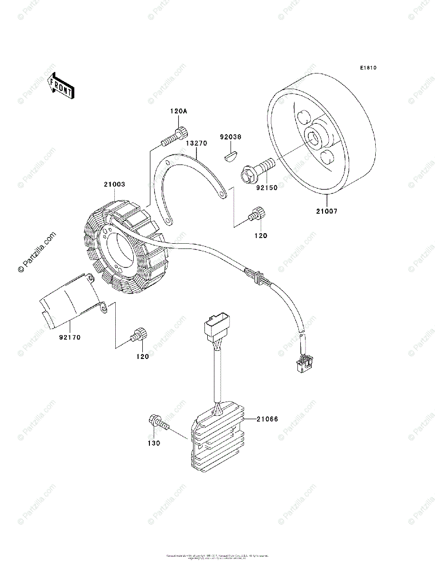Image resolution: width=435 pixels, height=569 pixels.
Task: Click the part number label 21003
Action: pyautogui.click(x=116, y=184)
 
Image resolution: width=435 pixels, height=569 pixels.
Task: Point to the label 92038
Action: pyautogui.click(x=230, y=137)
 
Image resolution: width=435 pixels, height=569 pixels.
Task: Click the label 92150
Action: pyautogui.click(x=267, y=188)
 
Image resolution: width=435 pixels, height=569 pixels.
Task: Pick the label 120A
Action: pyautogui.click(x=179, y=111)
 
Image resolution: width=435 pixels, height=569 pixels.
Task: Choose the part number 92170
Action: pyautogui.click(x=70, y=338)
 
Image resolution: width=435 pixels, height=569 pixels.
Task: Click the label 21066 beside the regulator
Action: pyautogui.click(x=268, y=419)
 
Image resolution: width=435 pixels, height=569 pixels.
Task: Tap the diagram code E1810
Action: pyautogui.click(x=368, y=68)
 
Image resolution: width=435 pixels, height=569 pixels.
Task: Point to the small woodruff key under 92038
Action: pyautogui.click(x=231, y=155)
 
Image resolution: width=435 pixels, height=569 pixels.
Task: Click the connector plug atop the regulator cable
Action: pyautogui.click(x=215, y=327)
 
